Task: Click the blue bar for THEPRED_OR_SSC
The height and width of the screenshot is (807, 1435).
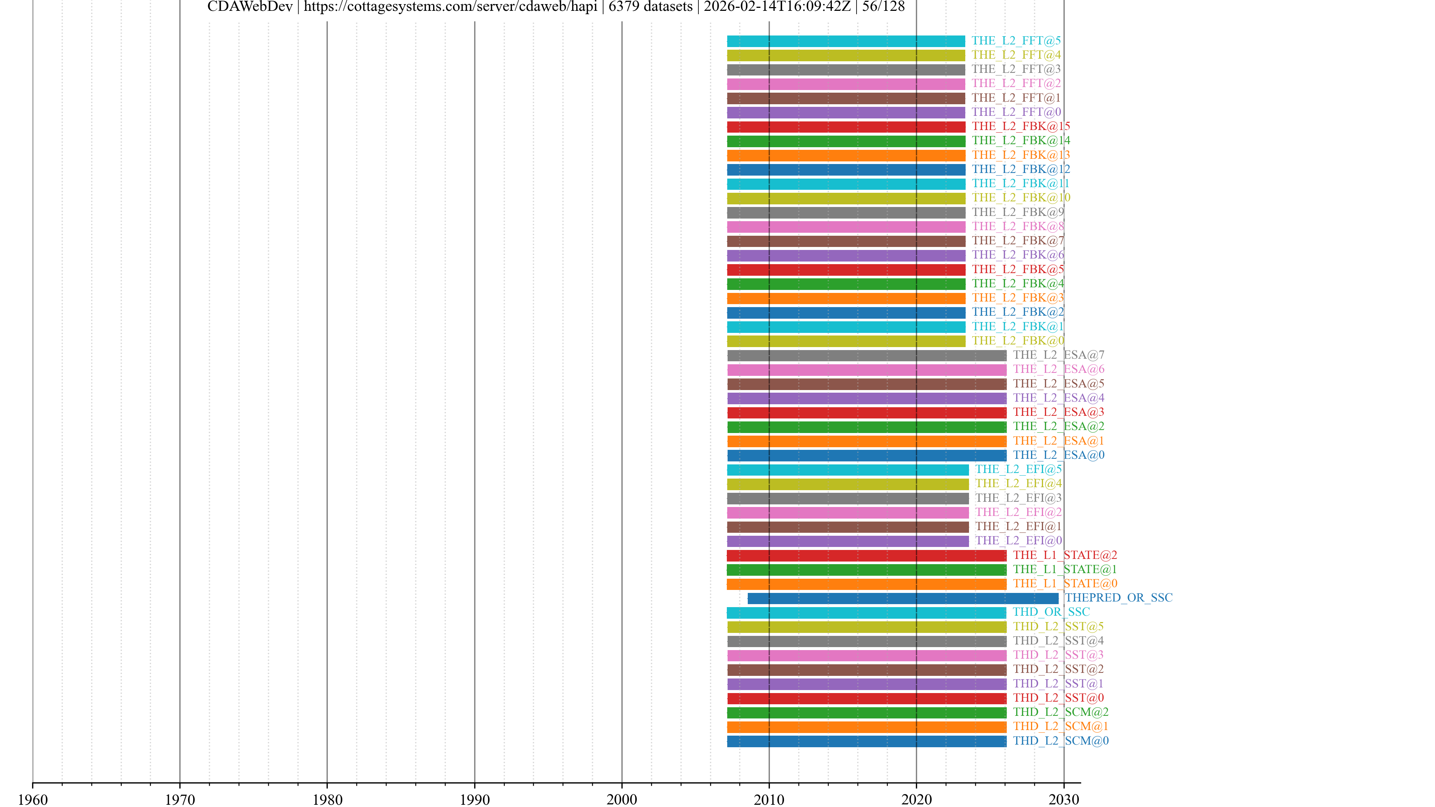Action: (902, 598)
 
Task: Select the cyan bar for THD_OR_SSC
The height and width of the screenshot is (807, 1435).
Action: (866, 613)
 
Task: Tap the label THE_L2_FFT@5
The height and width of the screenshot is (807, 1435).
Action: (1016, 41)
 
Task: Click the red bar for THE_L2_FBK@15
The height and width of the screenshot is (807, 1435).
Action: (846, 127)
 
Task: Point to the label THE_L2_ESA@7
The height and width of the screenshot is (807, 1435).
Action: (1058, 355)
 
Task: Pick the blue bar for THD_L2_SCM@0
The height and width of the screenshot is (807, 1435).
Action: (866, 741)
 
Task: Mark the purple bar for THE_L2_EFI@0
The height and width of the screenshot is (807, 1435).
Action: (847, 541)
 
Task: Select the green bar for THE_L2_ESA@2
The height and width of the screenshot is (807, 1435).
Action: (866, 427)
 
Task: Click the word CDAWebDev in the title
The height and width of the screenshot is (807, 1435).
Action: (250, 7)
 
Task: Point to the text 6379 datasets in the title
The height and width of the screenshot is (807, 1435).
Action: (650, 7)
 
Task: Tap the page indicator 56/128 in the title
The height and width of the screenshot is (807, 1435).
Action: (883, 7)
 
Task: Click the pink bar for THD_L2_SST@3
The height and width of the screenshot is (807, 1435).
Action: (866, 656)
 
